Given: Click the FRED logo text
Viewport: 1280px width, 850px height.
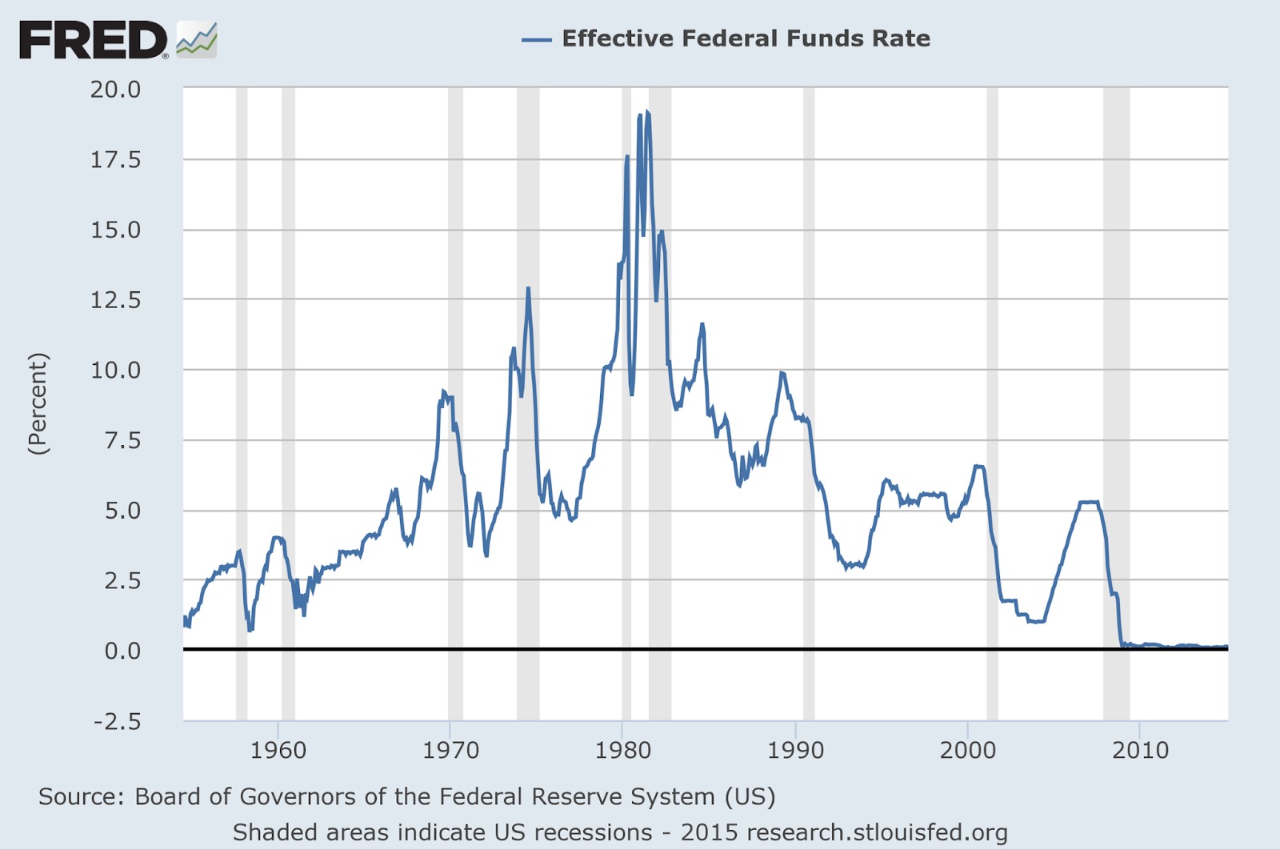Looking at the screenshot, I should pyautogui.click(x=93, y=40).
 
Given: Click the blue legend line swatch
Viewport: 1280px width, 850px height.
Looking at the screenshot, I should pyautogui.click(x=536, y=39).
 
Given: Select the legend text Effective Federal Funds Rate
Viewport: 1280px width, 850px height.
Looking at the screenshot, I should pyautogui.click(x=746, y=38).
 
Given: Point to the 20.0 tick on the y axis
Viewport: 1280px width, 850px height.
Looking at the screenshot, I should pyautogui.click(x=115, y=89).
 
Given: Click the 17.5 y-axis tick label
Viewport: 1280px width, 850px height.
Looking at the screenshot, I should pyautogui.click(x=115, y=159).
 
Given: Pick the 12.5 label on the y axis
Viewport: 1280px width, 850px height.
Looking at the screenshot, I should pyautogui.click(x=115, y=300).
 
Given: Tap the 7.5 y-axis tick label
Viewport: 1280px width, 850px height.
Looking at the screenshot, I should pyautogui.click(x=122, y=440).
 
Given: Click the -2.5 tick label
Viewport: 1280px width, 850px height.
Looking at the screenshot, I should pyautogui.click(x=117, y=721).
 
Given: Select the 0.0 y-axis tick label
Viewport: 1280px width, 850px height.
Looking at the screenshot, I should pyautogui.click(x=122, y=651).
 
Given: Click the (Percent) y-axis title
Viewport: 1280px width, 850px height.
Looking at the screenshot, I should pyautogui.click(x=38, y=404).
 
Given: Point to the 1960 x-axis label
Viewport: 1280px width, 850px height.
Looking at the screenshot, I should pyautogui.click(x=278, y=751).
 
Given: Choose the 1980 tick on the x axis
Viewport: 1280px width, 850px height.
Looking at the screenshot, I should pyautogui.click(x=622, y=751).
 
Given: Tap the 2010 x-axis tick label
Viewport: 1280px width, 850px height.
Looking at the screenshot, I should pyautogui.click(x=1140, y=751).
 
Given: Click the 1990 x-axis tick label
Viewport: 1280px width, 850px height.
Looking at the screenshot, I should pyautogui.click(x=795, y=751).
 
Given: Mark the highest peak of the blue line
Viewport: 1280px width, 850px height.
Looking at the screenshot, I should pyautogui.click(x=647, y=113).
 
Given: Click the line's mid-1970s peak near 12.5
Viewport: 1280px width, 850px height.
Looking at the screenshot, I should pyautogui.click(x=528, y=289).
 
